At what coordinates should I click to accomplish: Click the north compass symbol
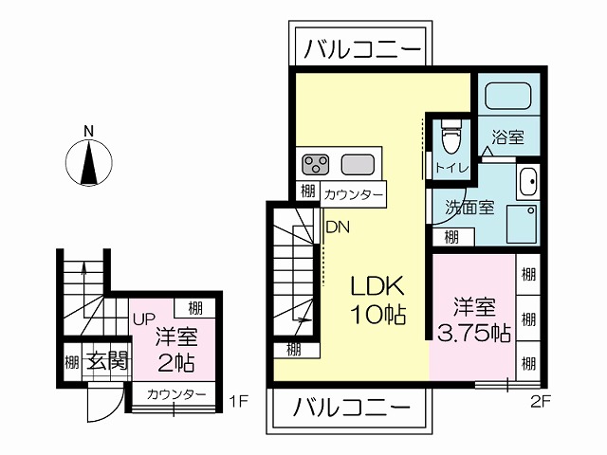tap(89, 162)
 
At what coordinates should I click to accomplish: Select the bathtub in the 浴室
tap(507, 95)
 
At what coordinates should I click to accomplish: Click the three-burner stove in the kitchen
tap(316, 164)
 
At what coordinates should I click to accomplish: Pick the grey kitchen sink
tap(358, 164)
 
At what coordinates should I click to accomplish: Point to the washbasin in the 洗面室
tap(527, 181)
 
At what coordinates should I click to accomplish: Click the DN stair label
tap(338, 227)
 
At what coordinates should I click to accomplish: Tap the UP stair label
tap(144, 318)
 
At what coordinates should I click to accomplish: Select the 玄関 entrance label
tap(107, 361)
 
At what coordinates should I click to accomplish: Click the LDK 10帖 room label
tap(377, 300)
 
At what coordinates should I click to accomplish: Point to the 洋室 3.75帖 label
tap(474, 319)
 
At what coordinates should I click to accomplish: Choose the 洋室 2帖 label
tap(176, 350)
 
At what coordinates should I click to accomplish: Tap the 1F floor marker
tap(238, 402)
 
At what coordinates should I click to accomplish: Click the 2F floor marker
tap(540, 402)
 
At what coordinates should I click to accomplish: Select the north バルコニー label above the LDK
tap(362, 49)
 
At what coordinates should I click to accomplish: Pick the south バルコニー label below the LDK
tap(352, 407)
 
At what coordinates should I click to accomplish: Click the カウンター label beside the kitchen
tap(353, 194)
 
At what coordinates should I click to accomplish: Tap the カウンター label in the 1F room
tap(176, 394)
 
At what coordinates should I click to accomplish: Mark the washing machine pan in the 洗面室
tap(522, 224)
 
